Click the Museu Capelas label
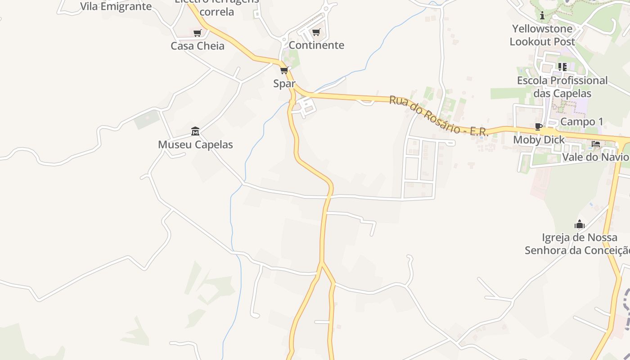195,144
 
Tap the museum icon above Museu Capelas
195,131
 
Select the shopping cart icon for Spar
284,71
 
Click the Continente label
316,45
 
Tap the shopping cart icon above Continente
316,32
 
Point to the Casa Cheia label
198,46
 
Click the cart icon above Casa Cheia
197,33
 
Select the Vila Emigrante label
116,6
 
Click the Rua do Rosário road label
438,115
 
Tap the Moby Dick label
539,140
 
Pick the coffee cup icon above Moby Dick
538,126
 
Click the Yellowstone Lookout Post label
542,35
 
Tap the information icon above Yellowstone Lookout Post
542,16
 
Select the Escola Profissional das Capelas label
562,87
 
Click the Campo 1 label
582,121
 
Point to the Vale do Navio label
595,157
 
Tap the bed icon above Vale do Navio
596,144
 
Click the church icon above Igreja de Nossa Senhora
580,224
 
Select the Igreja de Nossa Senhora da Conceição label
579,244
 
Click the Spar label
284,84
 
